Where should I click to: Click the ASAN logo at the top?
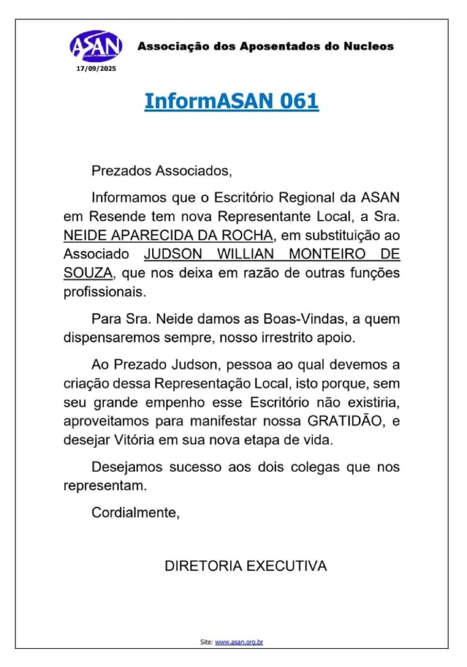[x=96, y=45]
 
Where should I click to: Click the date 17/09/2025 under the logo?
[x=96, y=67]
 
